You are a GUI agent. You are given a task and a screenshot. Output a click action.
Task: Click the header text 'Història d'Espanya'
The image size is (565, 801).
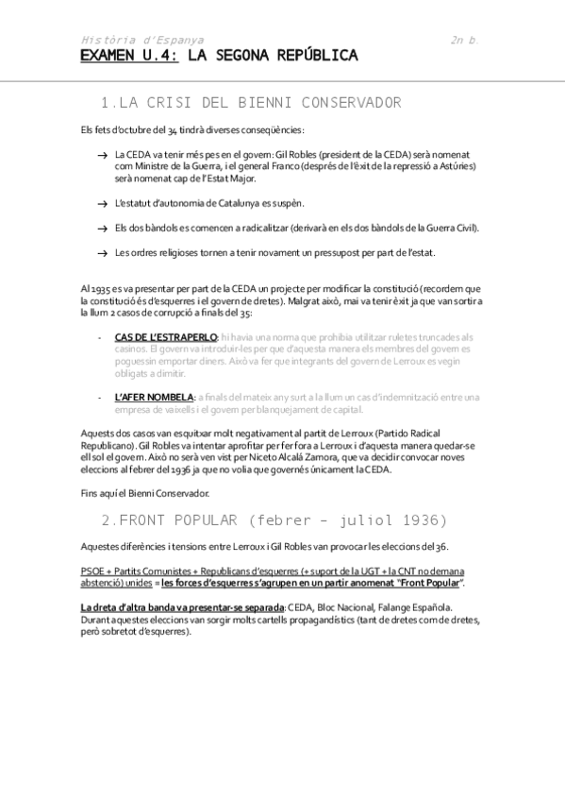click(x=141, y=41)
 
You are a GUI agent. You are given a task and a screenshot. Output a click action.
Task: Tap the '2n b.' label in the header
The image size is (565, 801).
click(x=465, y=41)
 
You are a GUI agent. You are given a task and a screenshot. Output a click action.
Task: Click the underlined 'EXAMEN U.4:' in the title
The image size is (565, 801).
click(x=129, y=57)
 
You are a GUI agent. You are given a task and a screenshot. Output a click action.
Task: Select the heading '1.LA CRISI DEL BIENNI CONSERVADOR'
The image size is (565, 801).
click(x=249, y=102)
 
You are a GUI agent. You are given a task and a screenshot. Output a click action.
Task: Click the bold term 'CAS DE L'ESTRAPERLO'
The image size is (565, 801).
click(x=166, y=337)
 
